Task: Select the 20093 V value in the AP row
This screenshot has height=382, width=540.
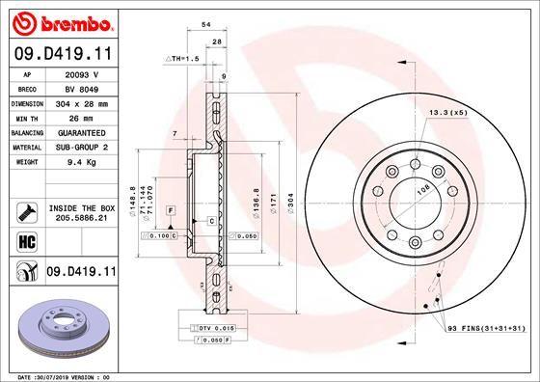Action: click(x=90, y=73)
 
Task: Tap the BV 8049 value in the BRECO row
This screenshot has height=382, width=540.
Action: click(x=90, y=87)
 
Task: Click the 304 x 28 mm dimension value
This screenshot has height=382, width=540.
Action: click(x=90, y=101)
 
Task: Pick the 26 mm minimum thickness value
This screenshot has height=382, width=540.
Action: click(x=90, y=116)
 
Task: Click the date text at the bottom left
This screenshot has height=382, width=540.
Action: click(x=60, y=375)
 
